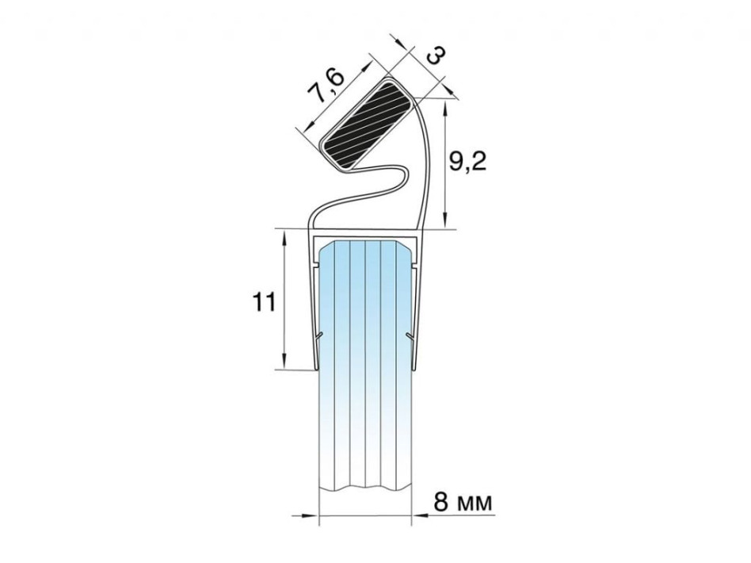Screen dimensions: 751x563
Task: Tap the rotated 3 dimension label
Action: point(436,56)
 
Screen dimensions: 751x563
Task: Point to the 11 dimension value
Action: point(264,303)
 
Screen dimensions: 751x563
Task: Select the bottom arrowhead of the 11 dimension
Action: point(285,361)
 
